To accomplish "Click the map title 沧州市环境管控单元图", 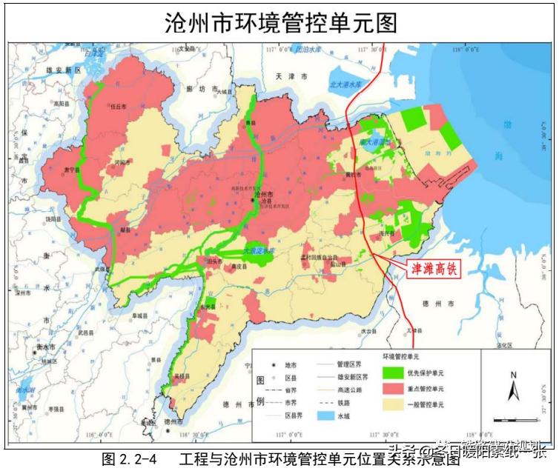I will [280, 22].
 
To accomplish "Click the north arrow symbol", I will [512, 386].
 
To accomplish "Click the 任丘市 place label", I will [117, 107].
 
